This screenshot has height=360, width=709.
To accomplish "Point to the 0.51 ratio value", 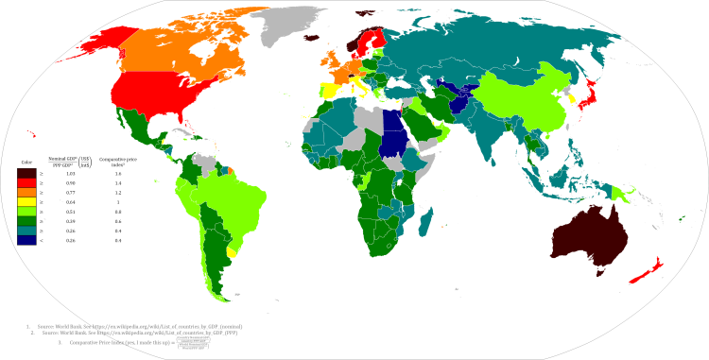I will (x=68, y=213).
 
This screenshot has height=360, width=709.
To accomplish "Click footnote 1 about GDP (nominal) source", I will (x=123, y=325).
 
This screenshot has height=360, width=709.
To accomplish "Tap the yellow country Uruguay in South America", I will (x=233, y=252).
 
